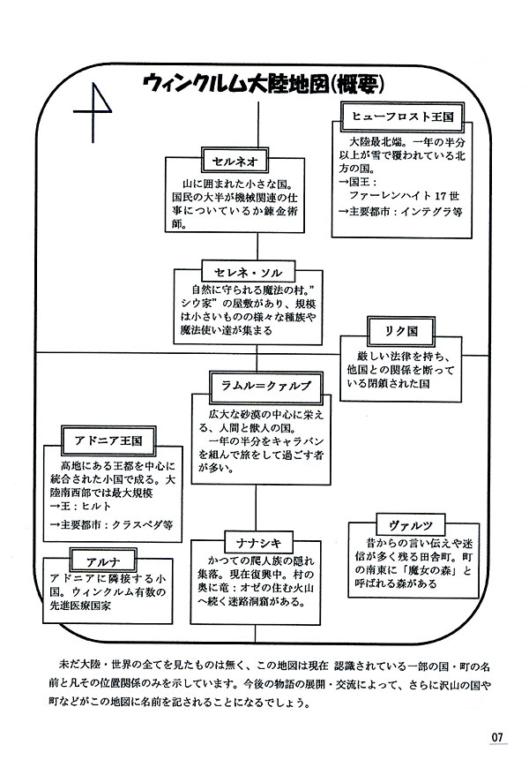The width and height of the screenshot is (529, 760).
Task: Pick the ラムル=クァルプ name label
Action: [x=254, y=380]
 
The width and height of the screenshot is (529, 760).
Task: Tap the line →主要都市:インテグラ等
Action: [x=399, y=211]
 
